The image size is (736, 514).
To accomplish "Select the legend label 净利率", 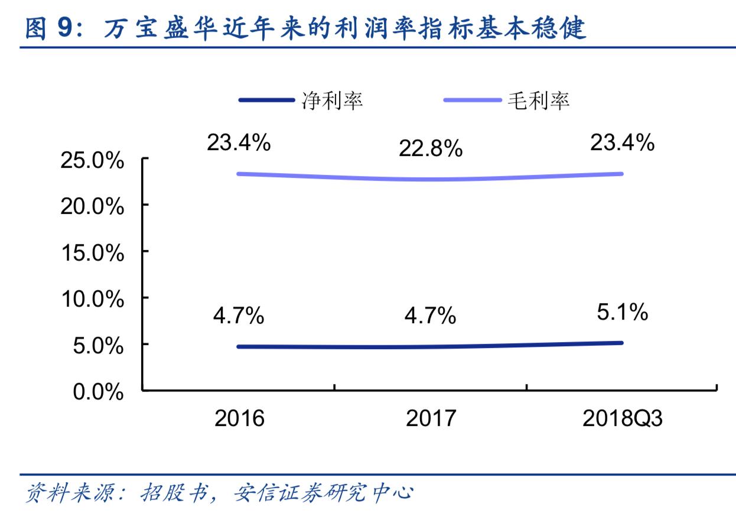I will coord(332,100).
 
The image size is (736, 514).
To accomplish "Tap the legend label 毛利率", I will coord(538,100).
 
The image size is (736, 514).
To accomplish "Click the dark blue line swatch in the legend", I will coord(266,100).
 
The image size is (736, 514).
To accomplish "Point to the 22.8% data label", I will coord(430,149).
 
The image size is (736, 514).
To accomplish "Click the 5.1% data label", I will coord(622,312).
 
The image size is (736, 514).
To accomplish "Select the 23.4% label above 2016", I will coord(238,142).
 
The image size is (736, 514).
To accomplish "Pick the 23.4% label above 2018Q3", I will coord(622,142).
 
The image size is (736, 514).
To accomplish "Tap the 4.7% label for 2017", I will coord(430,315).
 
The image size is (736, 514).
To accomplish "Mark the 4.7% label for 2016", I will coord(238,315).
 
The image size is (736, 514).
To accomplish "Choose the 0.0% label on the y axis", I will coord(98,392).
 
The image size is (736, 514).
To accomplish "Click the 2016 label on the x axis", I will coord(239,418).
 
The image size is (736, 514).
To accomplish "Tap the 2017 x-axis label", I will coord(431,418).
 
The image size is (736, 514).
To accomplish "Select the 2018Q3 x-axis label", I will coord(622,418).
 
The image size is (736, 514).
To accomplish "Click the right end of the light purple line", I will coord(622,174).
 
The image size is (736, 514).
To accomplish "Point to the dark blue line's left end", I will coord(239,346).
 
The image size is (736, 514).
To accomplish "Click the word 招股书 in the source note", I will coord(176,492).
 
